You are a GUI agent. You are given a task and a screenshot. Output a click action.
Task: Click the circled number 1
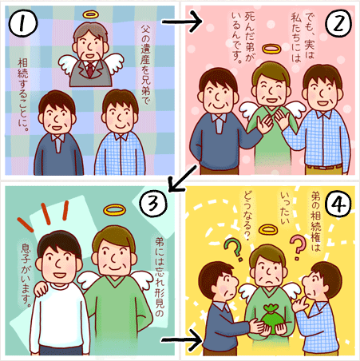pos(23,23)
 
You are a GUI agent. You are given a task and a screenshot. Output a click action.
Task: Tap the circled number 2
pos(338,23)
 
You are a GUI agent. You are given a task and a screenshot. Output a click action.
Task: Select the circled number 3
pos(153,204)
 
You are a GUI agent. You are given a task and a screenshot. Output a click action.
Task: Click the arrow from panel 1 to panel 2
pos(182,22)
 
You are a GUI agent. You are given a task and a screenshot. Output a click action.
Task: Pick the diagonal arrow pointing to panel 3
pos(183,178)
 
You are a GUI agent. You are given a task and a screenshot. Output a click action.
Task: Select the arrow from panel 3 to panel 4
pos(182,340)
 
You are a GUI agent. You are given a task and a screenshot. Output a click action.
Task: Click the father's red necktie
pos(90,69)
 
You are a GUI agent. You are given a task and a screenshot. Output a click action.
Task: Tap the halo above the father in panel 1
pos(91,14)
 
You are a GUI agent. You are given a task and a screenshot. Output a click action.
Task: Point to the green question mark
pos(234,249)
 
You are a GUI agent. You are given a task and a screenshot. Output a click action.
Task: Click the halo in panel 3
pos(114,209)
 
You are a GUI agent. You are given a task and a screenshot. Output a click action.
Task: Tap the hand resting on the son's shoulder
pos(42,289)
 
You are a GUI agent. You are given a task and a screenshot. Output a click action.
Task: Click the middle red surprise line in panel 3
pos(46,214)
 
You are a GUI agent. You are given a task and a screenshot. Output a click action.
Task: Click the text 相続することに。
pos(23,95)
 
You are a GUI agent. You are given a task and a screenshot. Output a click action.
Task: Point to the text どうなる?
pos(247,216)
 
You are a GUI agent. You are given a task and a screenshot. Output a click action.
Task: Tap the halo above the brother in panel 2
pos(271,49)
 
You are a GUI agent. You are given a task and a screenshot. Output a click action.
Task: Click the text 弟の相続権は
pos(316,223)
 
